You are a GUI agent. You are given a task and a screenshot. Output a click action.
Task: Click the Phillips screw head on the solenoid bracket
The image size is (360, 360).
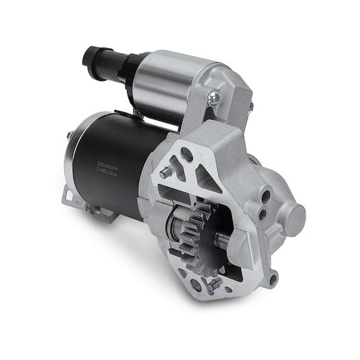(214, 96)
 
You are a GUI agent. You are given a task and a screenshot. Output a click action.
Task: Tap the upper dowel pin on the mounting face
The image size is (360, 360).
(164, 173)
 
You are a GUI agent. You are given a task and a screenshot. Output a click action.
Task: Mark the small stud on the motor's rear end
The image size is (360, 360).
(67, 132)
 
